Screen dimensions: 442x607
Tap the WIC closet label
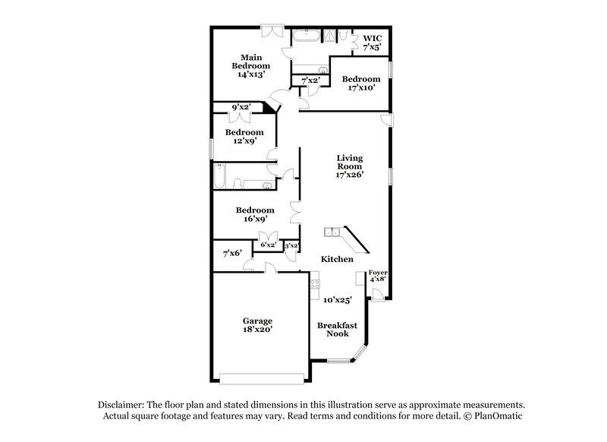click(372, 38)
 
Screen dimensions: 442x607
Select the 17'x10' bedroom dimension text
click(360, 89)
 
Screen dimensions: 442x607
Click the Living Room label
click(350, 162)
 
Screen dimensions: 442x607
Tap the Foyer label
click(377, 272)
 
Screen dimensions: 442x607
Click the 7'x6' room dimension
click(232, 253)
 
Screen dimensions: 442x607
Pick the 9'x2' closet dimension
click(241, 107)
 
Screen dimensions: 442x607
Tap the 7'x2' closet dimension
click(310, 80)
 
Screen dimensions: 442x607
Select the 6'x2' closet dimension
click(268, 245)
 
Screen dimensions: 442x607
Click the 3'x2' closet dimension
click(291, 245)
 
